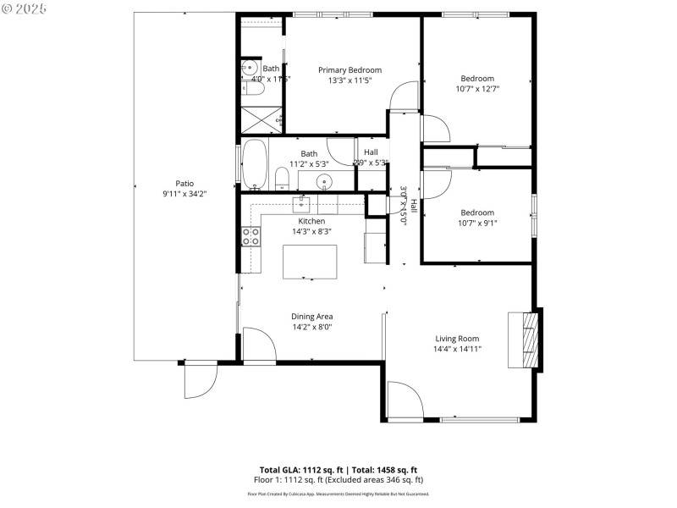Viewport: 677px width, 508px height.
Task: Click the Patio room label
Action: pos(184,183)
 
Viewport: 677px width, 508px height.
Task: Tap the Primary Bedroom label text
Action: pos(350,70)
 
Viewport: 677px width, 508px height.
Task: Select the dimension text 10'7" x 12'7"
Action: pos(478,89)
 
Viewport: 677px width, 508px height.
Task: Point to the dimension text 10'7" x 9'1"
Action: pos(478,224)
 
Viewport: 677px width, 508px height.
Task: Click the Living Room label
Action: pos(457,339)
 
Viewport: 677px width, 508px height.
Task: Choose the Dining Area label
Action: pos(311,317)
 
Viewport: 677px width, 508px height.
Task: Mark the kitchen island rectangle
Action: pos(309,261)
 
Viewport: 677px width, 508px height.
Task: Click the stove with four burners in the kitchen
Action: pos(250,236)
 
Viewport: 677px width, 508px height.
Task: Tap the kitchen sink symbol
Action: pos(303,203)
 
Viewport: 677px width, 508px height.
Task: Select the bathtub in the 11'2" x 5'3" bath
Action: pos(255,164)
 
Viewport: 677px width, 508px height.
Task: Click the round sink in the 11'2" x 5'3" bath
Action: pos(324,180)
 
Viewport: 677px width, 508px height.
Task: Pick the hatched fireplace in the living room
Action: pos(530,340)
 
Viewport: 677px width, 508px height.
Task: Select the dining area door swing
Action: pos(257,345)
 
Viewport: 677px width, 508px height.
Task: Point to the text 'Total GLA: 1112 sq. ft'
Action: pos(308,469)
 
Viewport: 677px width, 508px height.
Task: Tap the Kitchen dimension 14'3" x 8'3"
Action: pos(288,230)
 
